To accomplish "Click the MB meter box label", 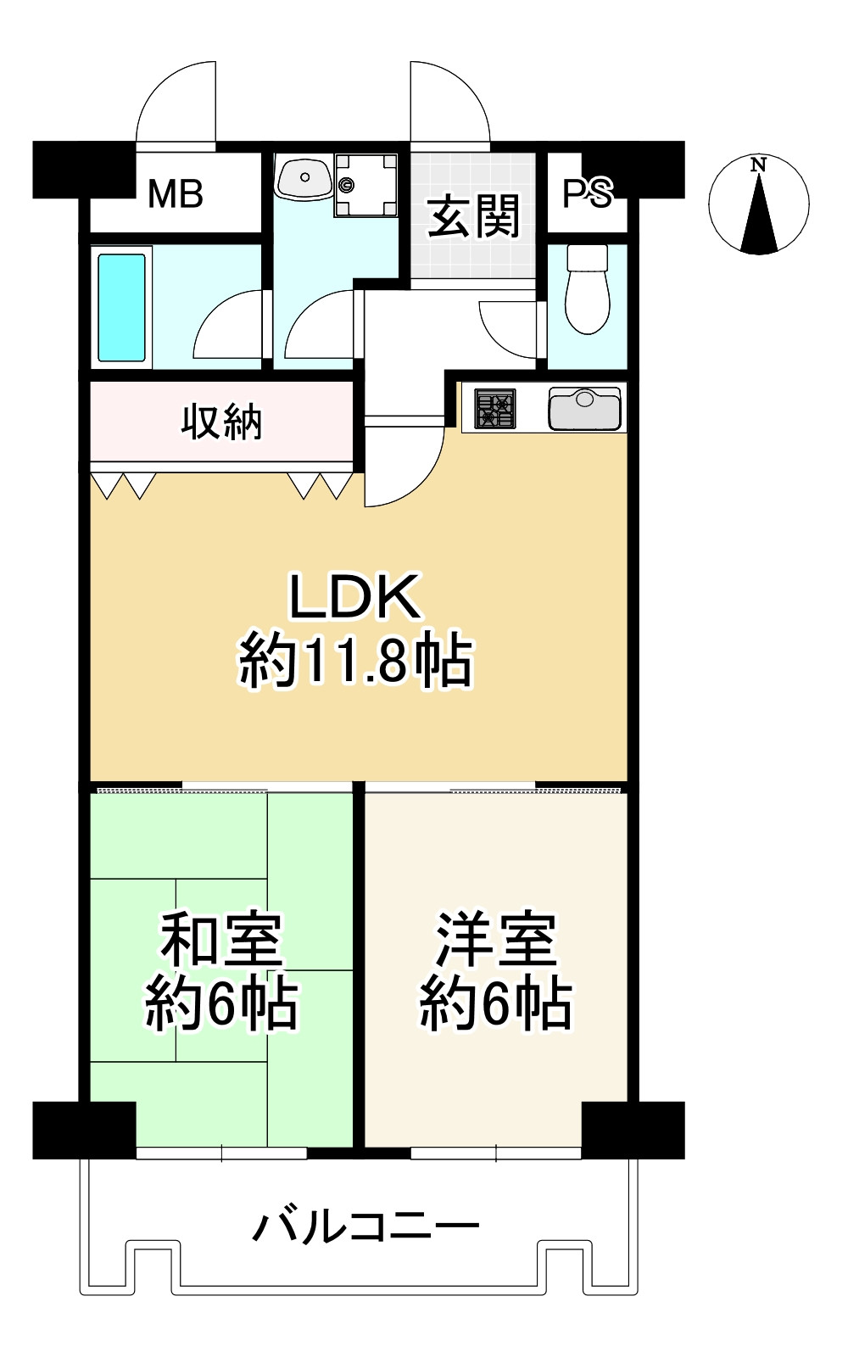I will (x=176, y=195).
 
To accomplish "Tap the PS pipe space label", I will (x=587, y=193).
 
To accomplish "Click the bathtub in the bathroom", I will (x=121, y=307).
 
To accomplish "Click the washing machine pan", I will (x=365, y=184).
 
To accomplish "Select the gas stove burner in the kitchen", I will (x=494, y=408).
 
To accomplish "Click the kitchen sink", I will (x=585, y=408).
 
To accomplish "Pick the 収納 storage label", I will (x=221, y=422).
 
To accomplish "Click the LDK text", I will (x=354, y=598).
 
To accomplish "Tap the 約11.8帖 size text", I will (x=354, y=662).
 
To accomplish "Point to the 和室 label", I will (x=221, y=939).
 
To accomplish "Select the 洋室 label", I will (x=496, y=939).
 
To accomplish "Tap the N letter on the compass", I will (x=758, y=165).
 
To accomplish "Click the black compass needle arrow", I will (x=759, y=216).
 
